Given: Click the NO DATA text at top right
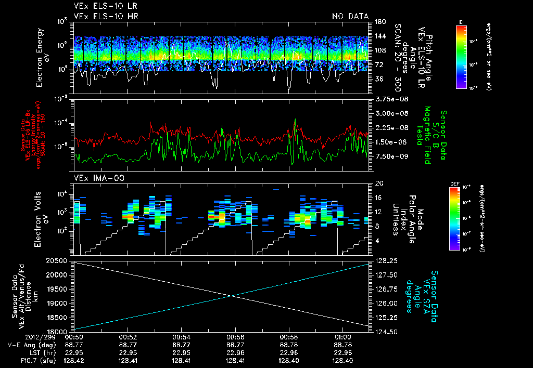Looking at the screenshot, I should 350,16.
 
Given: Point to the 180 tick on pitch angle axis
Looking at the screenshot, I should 378,22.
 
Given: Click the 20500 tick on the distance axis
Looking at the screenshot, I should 58,260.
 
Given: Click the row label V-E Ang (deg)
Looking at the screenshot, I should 29,345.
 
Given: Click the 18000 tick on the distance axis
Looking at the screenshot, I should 58,331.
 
